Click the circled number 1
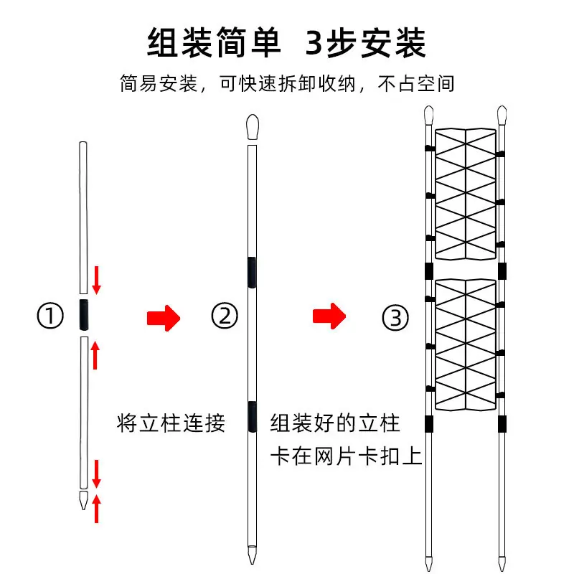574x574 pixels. coord(50,316)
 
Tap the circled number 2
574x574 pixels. coord(225,316)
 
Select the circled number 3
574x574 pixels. coord(395,318)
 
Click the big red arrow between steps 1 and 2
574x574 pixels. coord(164,318)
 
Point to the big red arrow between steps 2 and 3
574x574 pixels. coord(329,316)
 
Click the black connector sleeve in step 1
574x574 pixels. coord(84,315)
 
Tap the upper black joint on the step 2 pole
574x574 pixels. coord(252,273)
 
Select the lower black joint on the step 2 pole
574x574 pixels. coord(252,417)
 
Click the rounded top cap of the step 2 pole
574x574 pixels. coord(253,127)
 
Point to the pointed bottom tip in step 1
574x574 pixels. coord(84,501)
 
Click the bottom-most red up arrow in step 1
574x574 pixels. coord(96,509)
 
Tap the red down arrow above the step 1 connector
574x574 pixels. coord(96,280)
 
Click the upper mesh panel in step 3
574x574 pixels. coord(466,194)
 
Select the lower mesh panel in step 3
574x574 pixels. coord(466,344)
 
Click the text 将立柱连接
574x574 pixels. coord(171,423)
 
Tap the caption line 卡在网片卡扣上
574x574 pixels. coord(347,456)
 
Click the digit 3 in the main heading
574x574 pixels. coord(314,43)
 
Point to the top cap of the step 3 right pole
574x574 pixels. coord(502,115)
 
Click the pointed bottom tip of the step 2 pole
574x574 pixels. coord(253,555)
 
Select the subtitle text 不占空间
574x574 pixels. coord(416,84)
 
